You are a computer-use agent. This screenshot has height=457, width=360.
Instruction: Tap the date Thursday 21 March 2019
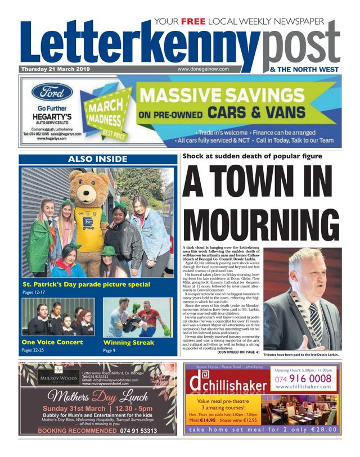55,69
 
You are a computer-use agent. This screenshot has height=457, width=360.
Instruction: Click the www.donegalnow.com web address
203,69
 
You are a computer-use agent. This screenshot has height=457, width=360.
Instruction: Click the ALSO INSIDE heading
98,159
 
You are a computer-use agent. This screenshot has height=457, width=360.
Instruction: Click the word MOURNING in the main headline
260,223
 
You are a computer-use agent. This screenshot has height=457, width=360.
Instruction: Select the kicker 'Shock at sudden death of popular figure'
252,156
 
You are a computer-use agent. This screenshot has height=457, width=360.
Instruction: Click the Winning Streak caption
128,342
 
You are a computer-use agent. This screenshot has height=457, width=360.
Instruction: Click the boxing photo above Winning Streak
138,316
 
